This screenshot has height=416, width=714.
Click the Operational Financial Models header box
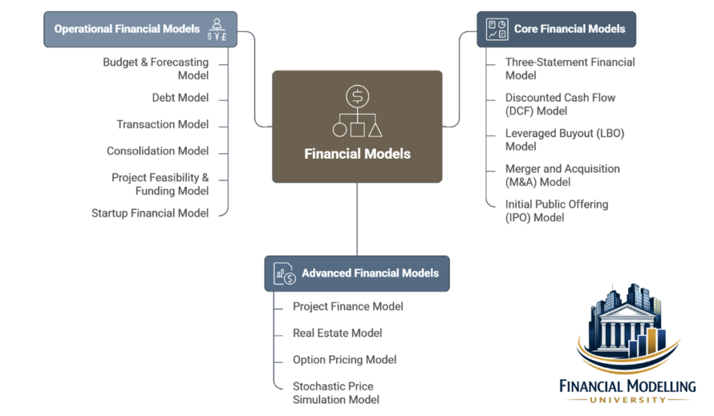click(140, 29)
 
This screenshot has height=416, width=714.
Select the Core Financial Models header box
click(556, 29)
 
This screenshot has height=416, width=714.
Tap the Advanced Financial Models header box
click(356, 272)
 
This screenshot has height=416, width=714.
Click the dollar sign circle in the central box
click(357, 96)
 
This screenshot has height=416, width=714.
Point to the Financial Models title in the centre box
click(357, 154)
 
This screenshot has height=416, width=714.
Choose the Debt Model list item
click(180, 98)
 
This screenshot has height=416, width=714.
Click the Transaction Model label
click(162, 125)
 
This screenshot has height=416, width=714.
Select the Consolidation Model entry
click(158, 151)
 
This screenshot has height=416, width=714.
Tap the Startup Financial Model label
click(150, 214)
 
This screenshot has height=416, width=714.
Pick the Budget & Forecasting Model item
click(156, 69)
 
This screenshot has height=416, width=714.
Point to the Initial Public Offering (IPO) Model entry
click(556, 211)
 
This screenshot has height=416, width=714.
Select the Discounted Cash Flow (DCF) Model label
click(560, 105)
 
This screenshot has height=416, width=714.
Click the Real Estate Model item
click(337, 333)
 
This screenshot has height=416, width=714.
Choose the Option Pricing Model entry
click(344, 360)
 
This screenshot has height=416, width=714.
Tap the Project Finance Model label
click(348, 307)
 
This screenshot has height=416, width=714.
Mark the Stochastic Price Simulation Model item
click(335, 393)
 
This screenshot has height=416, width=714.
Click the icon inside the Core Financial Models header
click(497, 29)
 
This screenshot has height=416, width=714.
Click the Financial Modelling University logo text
click(628, 387)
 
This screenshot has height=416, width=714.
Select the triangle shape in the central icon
click(375, 129)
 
